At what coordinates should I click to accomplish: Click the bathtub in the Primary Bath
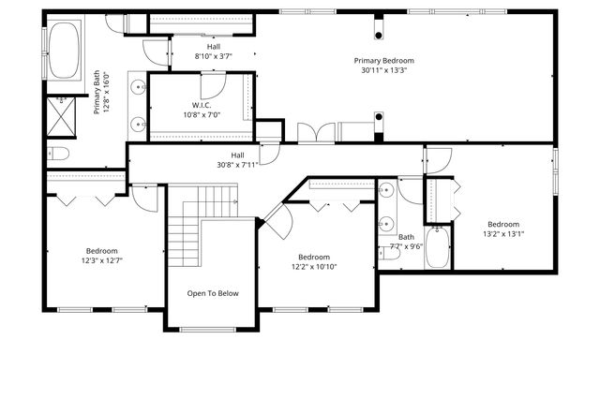65,51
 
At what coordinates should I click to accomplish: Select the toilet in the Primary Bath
58,154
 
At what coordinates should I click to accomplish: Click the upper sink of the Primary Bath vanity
139,88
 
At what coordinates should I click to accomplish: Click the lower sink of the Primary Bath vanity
139,122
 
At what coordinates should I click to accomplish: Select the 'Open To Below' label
213,293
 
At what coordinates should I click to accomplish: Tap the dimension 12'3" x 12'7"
102,261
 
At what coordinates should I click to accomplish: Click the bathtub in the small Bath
438,247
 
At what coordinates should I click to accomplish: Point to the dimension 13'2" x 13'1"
502,234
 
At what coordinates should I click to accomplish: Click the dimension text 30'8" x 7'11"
237,165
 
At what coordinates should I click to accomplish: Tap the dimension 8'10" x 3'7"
213,56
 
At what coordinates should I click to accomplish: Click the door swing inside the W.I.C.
213,84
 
